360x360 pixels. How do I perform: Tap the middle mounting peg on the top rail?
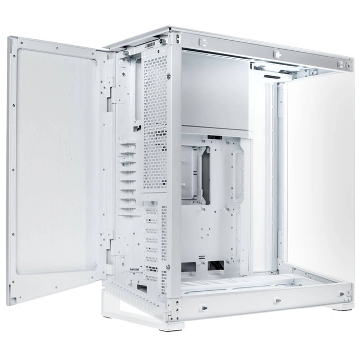click(276, 54)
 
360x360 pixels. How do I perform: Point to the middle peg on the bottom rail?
click(277, 301)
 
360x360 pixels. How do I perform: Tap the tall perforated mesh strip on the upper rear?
click(155, 122)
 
